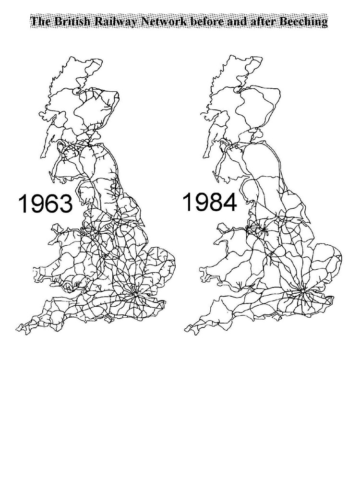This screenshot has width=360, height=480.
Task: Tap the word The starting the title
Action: tap(40, 22)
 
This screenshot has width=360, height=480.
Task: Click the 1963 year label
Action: tap(45, 204)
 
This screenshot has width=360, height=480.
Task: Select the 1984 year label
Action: tap(210, 202)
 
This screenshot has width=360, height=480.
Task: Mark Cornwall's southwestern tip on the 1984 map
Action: tap(186, 329)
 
